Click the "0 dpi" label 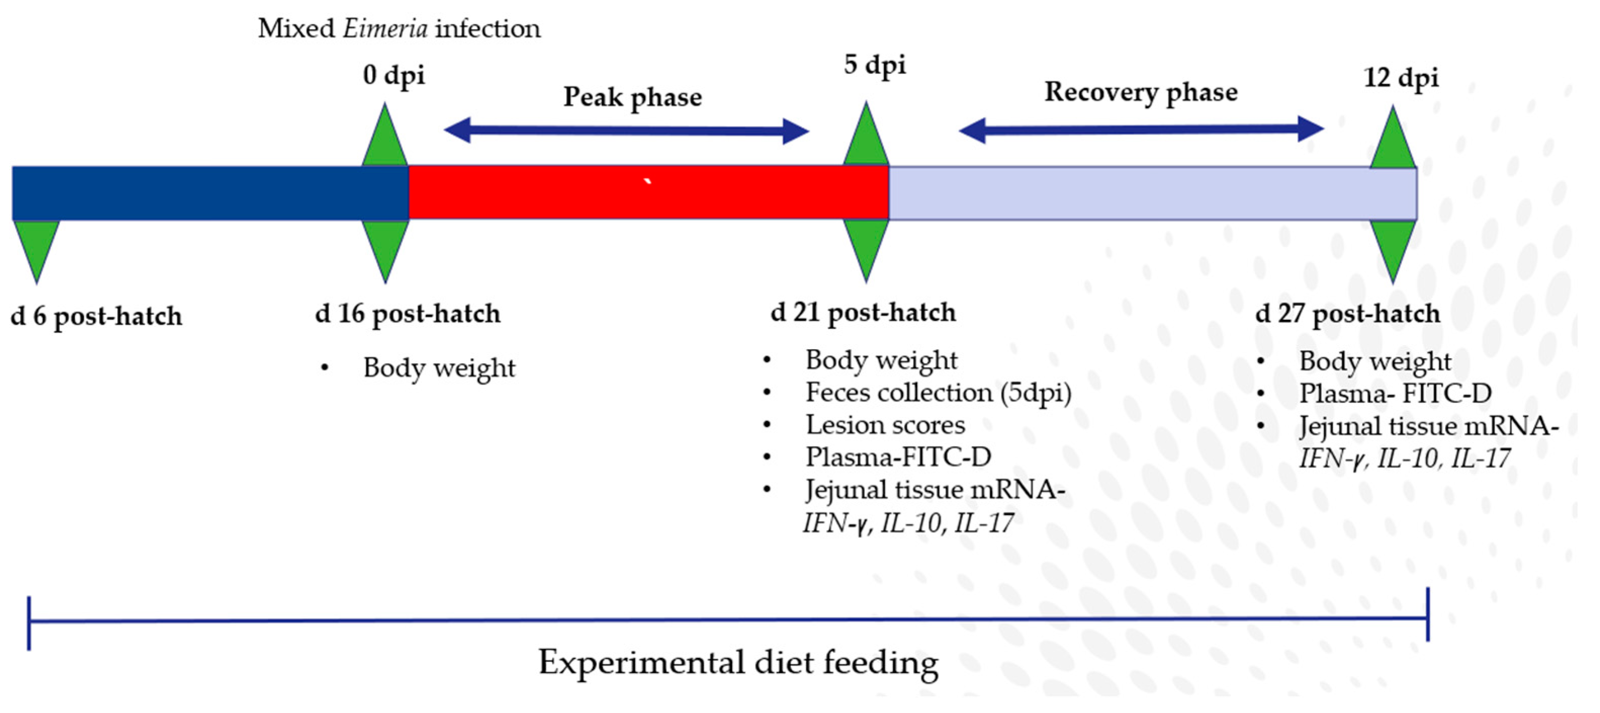(394, 76)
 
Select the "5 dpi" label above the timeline (875, 65)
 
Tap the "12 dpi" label (1401, 78)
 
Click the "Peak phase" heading (632, 98)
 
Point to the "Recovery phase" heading (1141, 92)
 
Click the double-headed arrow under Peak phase (626, 130)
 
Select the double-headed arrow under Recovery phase (1141, 130)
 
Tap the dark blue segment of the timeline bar (210, 193)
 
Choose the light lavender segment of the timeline (1152, 193)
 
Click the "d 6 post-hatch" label (96, 317)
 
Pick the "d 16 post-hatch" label (407, 314)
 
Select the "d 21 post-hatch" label (863, 313)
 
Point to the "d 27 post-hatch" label (1347, 314)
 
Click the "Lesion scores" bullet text (885, 425)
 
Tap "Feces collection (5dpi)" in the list (938, 393)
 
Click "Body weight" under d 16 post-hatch (439, 368)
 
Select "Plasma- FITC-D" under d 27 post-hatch (1395, 394)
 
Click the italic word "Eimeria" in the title (385, 29)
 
